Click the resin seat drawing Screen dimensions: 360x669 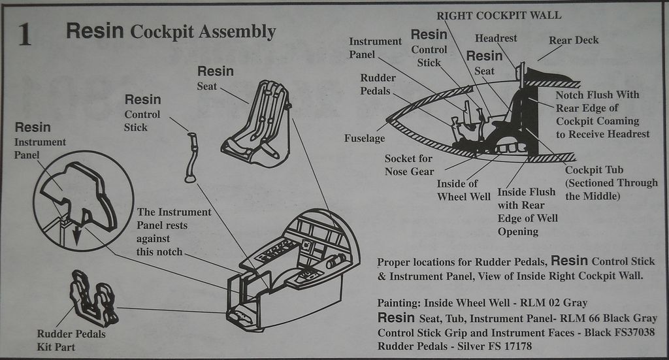[x=257, y=124]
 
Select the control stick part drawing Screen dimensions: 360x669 [x=191, y=157]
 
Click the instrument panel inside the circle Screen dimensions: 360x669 [x=79, y=193]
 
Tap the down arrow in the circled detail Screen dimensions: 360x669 [x=77, y=235]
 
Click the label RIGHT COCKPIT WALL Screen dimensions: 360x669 [x=498, y=15]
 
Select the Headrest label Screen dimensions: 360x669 [x=496, y=38]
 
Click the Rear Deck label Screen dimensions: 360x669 [x=573, y=40]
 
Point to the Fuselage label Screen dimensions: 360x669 [x=365, y=139]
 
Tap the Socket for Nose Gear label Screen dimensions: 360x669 [x=409, y=165]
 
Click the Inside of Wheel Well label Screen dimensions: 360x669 [x=463, y=190]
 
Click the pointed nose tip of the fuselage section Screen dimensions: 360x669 [x=389, y=120]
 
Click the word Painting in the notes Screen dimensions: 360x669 [x=399, y=303]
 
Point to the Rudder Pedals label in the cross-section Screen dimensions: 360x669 [x=378, y=84]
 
